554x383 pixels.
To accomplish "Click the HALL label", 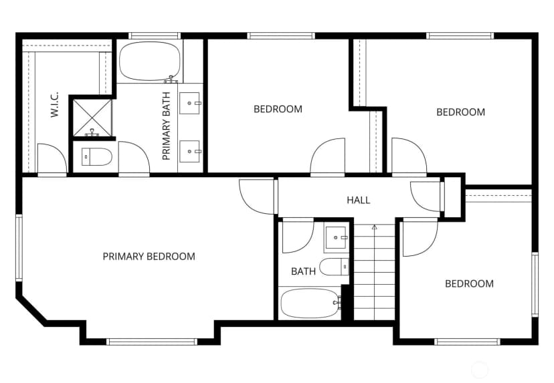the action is point(358,200).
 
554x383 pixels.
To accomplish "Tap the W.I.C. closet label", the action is point(54,105).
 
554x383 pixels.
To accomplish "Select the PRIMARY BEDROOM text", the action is point(149,256).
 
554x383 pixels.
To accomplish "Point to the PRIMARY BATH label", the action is point(166,126).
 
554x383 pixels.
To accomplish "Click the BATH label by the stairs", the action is point(303,271).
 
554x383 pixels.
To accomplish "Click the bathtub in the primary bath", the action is point(150,61).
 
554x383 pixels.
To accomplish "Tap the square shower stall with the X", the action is point(92,118).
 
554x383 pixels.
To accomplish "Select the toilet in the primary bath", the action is point(96,156).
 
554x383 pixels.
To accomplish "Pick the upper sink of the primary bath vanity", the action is point(189,103).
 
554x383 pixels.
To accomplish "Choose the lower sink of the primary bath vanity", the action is point(189,152).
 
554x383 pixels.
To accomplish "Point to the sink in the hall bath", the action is point(337,238).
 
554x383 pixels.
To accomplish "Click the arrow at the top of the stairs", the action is point(375,227).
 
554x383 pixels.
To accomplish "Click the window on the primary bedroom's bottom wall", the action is point(152,342).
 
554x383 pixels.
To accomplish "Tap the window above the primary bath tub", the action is point(155,35).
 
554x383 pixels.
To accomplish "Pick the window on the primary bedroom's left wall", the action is point(19,247).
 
